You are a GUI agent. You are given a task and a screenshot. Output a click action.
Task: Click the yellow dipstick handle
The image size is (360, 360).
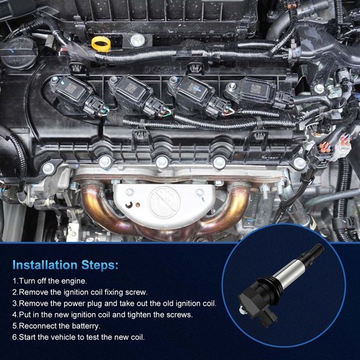coord(101,44)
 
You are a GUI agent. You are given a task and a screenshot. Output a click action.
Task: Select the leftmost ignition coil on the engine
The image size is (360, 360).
coord(73,93)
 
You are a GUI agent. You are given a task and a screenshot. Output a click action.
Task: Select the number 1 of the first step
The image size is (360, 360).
coord(15,281)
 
